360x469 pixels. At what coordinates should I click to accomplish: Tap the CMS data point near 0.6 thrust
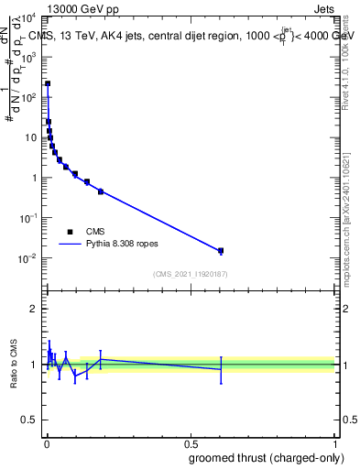pyautogui.click(x=221, y=250)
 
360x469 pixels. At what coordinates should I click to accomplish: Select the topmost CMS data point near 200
pyautogui.click(x=48, y=83)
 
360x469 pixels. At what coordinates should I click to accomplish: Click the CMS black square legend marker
pyautogui.click(x=70, y=232)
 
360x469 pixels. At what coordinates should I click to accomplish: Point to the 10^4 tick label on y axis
pyautogui.click(x=27, y=16)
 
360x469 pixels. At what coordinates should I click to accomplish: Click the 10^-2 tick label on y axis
pyautogui.click(x=27, y=258)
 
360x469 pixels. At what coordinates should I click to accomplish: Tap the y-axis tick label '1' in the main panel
pyautogui.click(x=33, y=178)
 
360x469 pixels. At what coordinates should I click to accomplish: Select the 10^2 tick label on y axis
pyautogui.click(x=27, y=97)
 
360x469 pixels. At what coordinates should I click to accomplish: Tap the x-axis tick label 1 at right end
pyautogui.click(x=335, y=443)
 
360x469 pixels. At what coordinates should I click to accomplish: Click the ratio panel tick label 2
pyautogui.click(x=33, y=309)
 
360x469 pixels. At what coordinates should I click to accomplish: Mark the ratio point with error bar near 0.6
pyautogui.click(x=221, y=369)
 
